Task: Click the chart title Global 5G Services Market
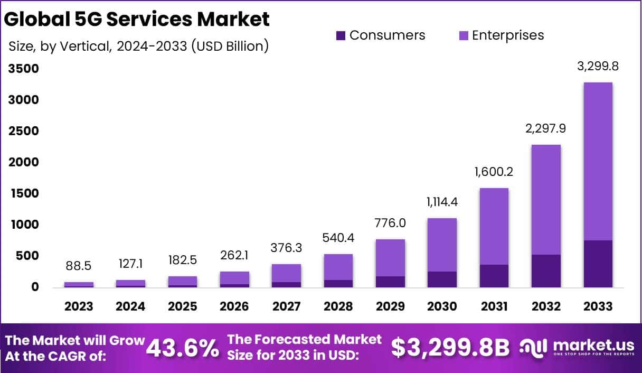[x=137, y=19]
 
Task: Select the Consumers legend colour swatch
[x=341, y=36]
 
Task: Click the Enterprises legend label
[x=507, y=35]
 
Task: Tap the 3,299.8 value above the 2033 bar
[x=598, y=67]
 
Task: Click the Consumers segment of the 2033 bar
[x=598, y=264]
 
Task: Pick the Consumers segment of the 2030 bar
[x=442, y=279]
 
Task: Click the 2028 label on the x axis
[x=338, y=306]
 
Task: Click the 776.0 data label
[x=391, y=223]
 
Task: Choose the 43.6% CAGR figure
[x=183, y=348]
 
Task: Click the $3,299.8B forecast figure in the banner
[x=450, y=348]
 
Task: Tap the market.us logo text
[x=591, y=344]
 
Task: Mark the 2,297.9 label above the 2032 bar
[x=546, y=128]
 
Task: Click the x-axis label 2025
[x=183, y=306]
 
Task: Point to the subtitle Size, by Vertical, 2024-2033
[x=139, y=46]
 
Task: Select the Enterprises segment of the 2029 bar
[x=391, y=258]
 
